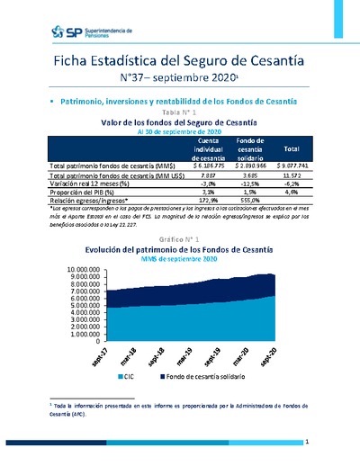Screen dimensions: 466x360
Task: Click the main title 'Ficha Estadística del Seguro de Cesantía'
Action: point(179,60)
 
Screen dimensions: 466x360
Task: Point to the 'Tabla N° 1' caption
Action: point(179,112)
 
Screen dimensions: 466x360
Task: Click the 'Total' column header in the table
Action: point(291,147)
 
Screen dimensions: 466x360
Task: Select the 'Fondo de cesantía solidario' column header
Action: point(249,148)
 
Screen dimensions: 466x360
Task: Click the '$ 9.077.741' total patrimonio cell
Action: point(291,166)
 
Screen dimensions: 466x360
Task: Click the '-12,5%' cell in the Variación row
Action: point(249,183)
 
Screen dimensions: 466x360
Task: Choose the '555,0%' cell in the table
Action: point(249,199)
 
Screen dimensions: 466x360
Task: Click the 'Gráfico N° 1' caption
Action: point(179,239)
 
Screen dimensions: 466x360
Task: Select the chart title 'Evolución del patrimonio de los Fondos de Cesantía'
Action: point(179,249)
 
